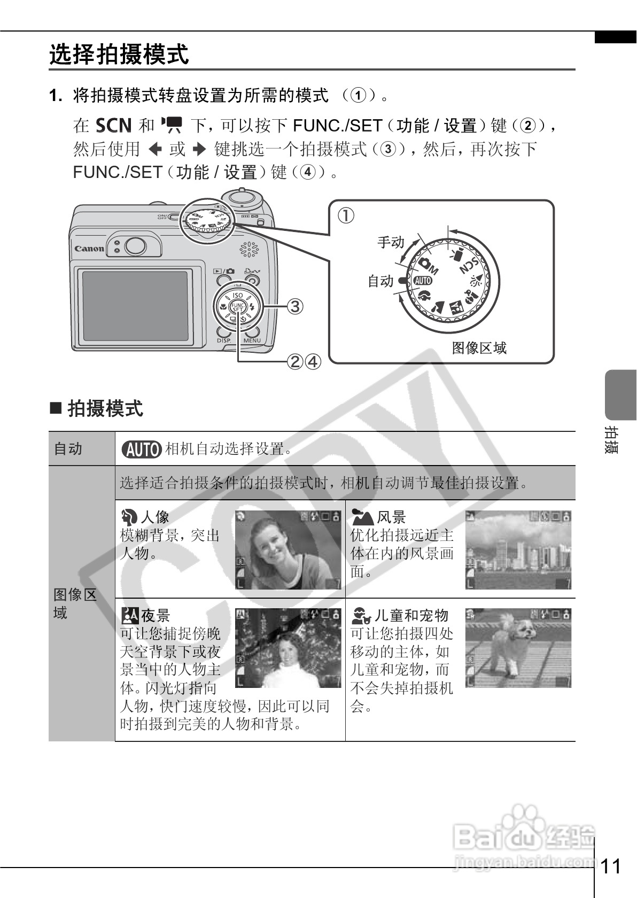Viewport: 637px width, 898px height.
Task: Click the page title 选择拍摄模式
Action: pos(119,55)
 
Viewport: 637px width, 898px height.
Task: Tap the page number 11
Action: pos(612,866)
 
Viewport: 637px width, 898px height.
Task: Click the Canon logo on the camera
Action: pos(89,249)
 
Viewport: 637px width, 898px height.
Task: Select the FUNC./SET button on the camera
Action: pos(237,307)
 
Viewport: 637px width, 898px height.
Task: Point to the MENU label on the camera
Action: pos(252,340)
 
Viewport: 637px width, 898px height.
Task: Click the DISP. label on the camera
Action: pos(223,340)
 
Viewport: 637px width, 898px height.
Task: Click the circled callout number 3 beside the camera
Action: pos(295,306)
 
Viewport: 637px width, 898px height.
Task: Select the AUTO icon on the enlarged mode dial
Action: pos(422,280)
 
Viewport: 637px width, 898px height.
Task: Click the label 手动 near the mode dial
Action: pos(391,242)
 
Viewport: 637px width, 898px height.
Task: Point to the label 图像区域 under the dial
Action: pos(479,348)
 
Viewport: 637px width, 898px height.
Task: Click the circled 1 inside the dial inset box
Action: pos(346,216)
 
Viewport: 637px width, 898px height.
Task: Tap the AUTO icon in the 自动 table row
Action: pos(141,450)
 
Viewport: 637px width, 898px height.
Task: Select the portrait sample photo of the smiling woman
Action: pos(288,550)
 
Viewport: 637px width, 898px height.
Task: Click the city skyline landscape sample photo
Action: pos(518,550)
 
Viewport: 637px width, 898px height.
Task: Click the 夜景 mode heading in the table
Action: pos(155,616)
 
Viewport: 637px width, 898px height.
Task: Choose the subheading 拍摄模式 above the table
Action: pos(105,409)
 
